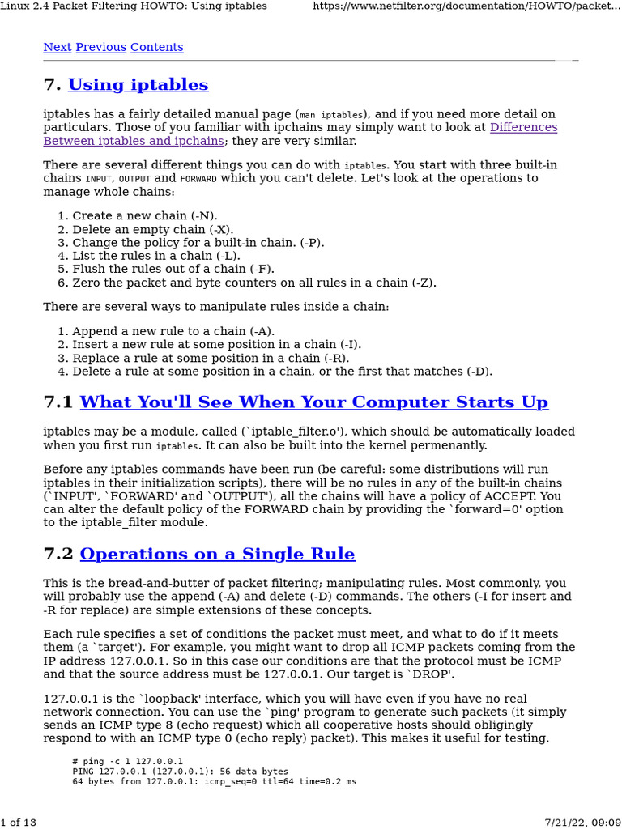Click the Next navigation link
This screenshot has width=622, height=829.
point(57,47)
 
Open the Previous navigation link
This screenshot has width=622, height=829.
point(100,47)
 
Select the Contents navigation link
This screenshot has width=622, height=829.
point(156,47)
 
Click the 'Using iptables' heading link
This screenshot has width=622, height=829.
point(138,85)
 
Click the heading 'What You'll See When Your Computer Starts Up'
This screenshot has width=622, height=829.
point(313,402)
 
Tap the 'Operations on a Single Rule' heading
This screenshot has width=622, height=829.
point(217,554)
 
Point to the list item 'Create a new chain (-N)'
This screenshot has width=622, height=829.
point(144,216)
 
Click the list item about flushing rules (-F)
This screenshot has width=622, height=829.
point(173,269)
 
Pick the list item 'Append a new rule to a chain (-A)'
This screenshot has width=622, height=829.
point(173,331)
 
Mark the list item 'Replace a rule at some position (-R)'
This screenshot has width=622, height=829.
point(211,358)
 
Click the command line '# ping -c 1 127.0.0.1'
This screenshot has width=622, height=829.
point(127,761)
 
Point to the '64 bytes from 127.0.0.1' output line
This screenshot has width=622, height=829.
point(214,782)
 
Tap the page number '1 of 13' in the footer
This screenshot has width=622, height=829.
point(19,823)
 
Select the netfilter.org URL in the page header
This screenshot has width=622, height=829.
point(466,6)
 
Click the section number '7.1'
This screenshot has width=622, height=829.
point(58,402)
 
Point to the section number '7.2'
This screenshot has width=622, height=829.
point(58,554)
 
